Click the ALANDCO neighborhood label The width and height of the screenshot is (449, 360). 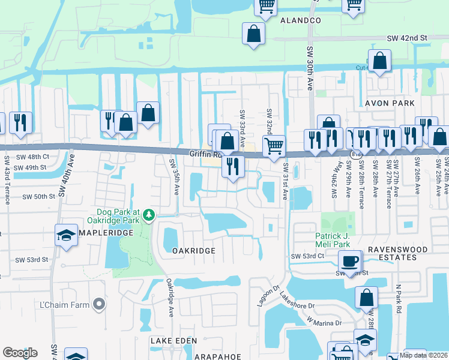pos(301,20)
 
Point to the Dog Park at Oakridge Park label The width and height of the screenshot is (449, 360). pos(118,216)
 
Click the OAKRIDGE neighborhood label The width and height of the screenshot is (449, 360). pos(193,250)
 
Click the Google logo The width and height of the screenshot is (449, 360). pos(20,353)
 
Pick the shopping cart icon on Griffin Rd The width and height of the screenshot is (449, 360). pos(274,145)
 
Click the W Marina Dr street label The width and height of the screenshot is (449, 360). pos(324,323)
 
